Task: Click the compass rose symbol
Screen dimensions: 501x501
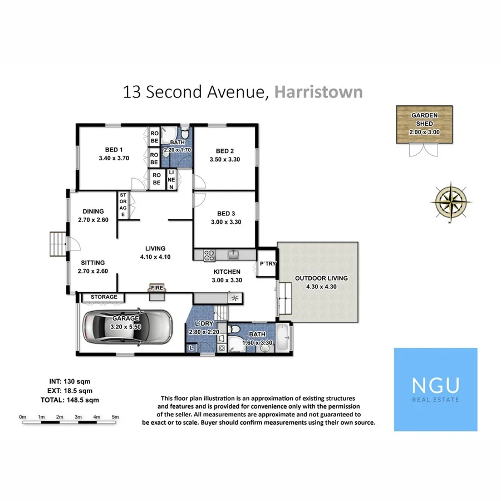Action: (x=451, y=201)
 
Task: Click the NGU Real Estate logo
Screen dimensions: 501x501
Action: (x=435, y=390)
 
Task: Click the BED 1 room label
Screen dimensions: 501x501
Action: (x=114, y=149)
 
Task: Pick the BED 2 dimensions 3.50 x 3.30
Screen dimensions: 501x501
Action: (x=225, y=160)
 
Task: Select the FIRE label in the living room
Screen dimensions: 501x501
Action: (x=156, y=288)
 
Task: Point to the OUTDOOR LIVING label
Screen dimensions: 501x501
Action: (x=321, y=278)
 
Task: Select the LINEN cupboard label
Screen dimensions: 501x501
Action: (x=171, y=180)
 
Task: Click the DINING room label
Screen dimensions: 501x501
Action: (x=94, y=212)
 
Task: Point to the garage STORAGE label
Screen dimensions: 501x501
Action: (x=104, y=297)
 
